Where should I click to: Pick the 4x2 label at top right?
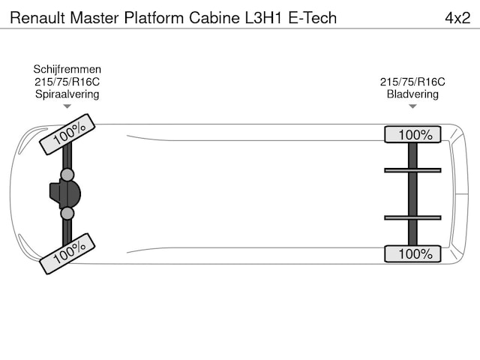click(457, 17)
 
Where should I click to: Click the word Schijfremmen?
click(67, 69)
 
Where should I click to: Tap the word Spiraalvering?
click(67, 94)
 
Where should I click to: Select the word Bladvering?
click(412, 94)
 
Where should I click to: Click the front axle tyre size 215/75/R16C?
click(67, 82)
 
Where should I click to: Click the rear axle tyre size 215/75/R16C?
click(412, 82)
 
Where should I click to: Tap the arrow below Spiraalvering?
click(67, 107)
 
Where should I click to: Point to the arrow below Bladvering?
click(412, 107)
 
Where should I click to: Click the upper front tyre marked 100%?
click(67, 134)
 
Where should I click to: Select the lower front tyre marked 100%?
click(67, 253)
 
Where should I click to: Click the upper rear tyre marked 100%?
click(412, 135)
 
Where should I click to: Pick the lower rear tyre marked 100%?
click(412, 253)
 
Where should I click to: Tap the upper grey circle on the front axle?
click(67, 175)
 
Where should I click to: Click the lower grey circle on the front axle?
click(67, 214)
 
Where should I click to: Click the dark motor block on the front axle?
click(64, 194)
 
